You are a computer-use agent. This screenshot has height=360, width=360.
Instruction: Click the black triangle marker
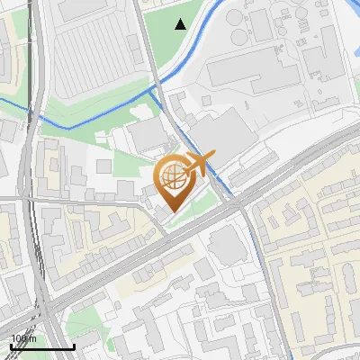181,24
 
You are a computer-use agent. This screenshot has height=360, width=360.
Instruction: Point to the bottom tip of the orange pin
172,211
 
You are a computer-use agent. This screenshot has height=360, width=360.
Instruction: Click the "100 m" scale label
23,339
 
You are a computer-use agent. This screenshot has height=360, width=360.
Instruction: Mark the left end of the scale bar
10,346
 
